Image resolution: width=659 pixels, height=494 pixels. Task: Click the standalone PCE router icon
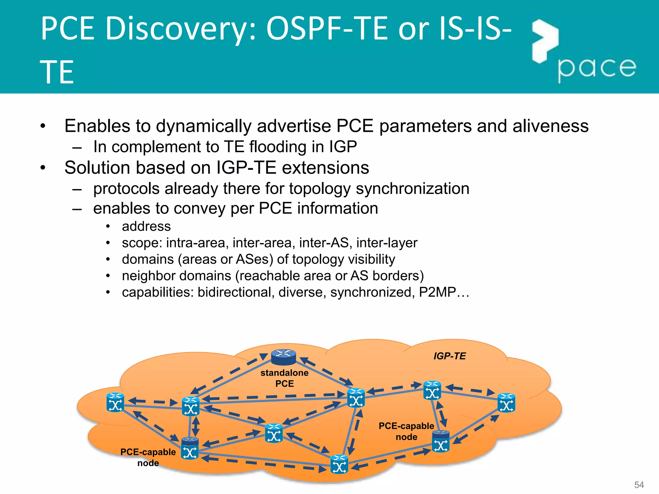click(x=283, y=357)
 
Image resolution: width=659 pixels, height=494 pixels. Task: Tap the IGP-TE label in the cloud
click(x=450, y=356)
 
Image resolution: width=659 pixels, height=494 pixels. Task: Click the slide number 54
click(x=639, y=485)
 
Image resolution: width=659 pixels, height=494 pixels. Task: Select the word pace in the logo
click(x=597, y=68)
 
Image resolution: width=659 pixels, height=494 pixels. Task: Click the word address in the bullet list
click(x=146, y=226)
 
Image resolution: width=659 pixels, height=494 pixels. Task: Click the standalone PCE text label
click(x=284, y=378)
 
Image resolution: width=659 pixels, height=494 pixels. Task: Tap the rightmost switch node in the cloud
click(x=506, y=403)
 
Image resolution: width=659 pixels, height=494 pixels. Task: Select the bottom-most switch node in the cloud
click(x=339, y=464)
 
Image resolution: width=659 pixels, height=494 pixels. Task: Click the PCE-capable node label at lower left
click(x=148, y=457)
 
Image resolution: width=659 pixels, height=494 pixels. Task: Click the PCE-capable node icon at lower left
click(x=190, y=448)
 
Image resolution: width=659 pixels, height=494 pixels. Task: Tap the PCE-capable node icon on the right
click(x=441, y=441)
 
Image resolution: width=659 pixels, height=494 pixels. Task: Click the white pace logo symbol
click(x=545, y=40)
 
